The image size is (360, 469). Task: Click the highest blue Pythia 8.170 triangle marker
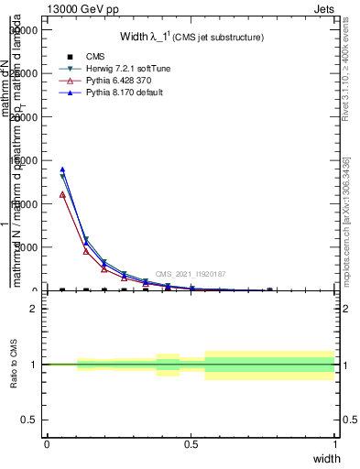pyautogui.click(x=62, y=169)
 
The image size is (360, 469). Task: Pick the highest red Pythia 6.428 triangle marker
pyautogui.click(x=62, y=194)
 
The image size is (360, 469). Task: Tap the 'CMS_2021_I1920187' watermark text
pyautogui.click(x=190, y=274)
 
